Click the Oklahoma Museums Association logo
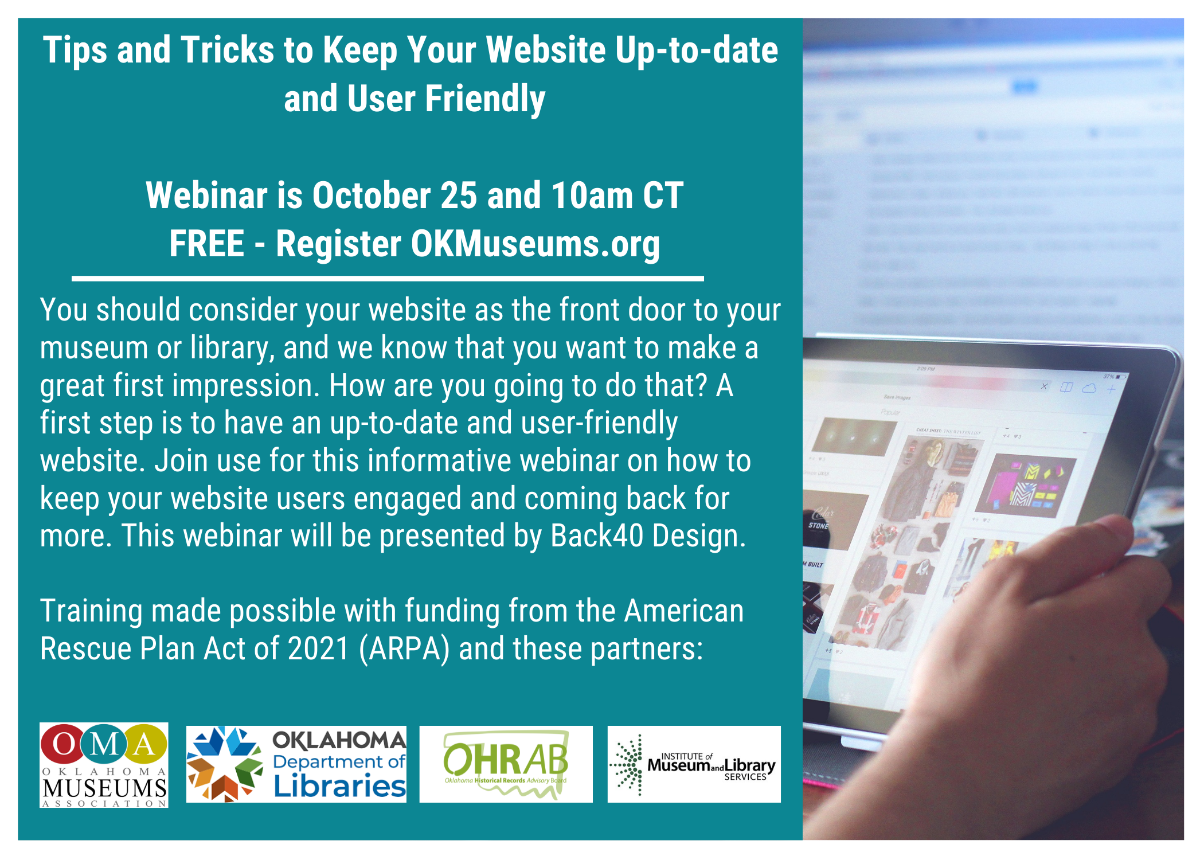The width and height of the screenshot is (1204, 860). pos(104,765)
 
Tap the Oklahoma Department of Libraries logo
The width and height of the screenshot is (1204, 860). pos(296,764)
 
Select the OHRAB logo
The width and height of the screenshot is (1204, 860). pos(506,764)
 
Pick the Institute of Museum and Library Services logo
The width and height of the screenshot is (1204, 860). pos(694,764)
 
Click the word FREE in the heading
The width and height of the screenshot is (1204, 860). pos(206,244)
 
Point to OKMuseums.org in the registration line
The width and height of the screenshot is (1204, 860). pos(535,244)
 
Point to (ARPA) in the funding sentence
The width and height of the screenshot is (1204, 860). pos(404,649)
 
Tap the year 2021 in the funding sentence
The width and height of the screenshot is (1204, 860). pos(318,649)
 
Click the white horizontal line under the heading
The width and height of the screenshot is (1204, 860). pos(388,279)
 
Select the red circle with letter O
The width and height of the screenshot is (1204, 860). pos(64,744)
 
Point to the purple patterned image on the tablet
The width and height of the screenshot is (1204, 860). pos(1026,484)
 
